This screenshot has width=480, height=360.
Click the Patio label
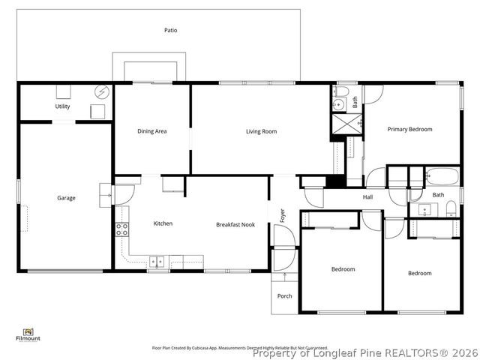tap(171, 30)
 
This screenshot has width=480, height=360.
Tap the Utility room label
tap(62, 106)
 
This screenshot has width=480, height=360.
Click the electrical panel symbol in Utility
tap(100, 92)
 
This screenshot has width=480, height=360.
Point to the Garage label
tap(66, 198)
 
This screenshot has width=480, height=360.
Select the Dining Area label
tap(151, 131)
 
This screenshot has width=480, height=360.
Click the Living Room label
tap(261, 131)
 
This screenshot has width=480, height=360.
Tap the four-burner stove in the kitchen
tap(120, 229)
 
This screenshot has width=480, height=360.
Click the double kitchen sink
tap(158, 261)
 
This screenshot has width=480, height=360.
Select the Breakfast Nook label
tap(235, 224)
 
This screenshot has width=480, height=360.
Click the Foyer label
tap(283, 215)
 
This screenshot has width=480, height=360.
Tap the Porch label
tap(285, 295)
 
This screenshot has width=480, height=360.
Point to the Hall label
tap(367, 197)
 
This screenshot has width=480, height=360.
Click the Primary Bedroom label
tap(409, 129)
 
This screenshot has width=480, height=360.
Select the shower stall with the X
tap(347, 123)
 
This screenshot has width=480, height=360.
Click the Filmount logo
tap(28, 334)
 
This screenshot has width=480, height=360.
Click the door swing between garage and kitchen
tap(105, 193)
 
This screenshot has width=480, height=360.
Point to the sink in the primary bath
tap(338, 104)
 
